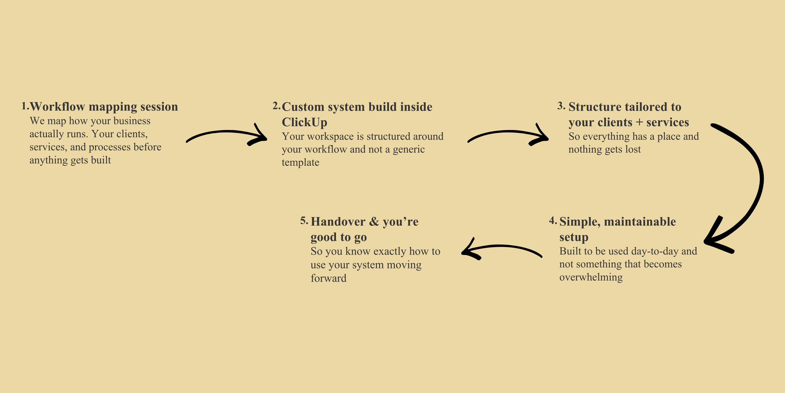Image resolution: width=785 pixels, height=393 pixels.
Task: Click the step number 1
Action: coord(25,106)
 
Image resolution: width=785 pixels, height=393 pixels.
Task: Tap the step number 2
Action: coord(276,106)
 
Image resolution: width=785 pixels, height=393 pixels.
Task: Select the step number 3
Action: coord(561,106)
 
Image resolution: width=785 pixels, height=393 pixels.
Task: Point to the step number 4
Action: coord(553,221)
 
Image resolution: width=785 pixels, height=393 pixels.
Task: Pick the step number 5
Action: coord(304,221)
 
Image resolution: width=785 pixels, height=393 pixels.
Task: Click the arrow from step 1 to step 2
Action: coord(226,134)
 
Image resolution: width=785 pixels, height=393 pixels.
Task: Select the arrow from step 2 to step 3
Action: coord(508,134)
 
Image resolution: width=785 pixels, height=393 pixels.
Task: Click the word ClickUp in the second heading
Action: coord(304,122)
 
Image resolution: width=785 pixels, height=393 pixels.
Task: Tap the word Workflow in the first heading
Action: coord(57,107)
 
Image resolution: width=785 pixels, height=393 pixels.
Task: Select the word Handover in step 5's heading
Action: coord(338,222)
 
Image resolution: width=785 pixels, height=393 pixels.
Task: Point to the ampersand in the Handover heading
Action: coord(374,222)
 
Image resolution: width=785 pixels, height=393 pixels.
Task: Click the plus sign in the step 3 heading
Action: coord(639,122)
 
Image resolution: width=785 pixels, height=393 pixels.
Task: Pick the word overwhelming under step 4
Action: coord(591,277)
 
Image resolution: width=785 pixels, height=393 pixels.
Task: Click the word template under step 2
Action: coord(300,163)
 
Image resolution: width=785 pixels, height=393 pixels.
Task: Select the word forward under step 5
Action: coord(328,278)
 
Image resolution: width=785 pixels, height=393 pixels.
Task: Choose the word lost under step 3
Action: coord(633,149)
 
